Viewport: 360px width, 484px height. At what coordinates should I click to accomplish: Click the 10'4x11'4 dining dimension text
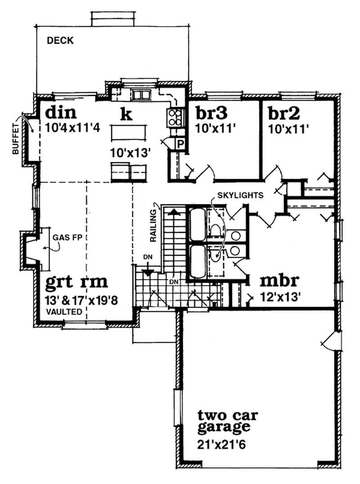tap(72, 127)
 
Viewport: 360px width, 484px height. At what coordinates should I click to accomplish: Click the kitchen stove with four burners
tap(175, 118)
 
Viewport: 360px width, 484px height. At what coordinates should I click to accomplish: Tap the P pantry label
tap(179, 144)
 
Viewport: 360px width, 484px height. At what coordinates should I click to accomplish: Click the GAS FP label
tap(66, 237)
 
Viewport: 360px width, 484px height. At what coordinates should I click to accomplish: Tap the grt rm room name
tap(77, 282)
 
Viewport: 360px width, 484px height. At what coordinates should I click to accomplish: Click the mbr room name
tap(279, 281)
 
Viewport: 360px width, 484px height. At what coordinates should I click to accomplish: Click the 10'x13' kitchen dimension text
tap(130, 153)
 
